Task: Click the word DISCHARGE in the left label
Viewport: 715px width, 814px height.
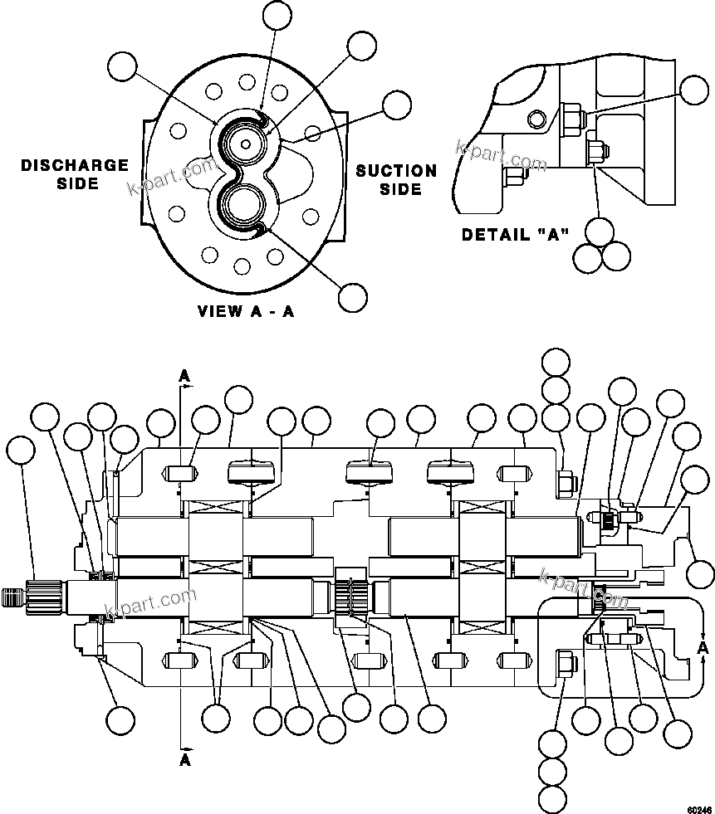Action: point(75,166)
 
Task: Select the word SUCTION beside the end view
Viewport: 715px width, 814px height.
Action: point(396,171)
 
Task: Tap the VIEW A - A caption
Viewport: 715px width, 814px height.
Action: point(246,312)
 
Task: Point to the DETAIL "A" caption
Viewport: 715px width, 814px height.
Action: point(515,235)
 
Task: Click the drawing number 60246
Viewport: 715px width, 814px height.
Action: point(698,805)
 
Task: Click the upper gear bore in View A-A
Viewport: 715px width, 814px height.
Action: point(246,143)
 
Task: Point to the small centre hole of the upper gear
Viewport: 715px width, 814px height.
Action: point(246,143)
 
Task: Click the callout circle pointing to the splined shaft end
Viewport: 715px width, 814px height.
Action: point(21,452)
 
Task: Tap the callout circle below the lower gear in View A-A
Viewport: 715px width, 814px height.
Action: point(353,295)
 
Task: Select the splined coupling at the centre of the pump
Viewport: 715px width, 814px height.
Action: point(351,594)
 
